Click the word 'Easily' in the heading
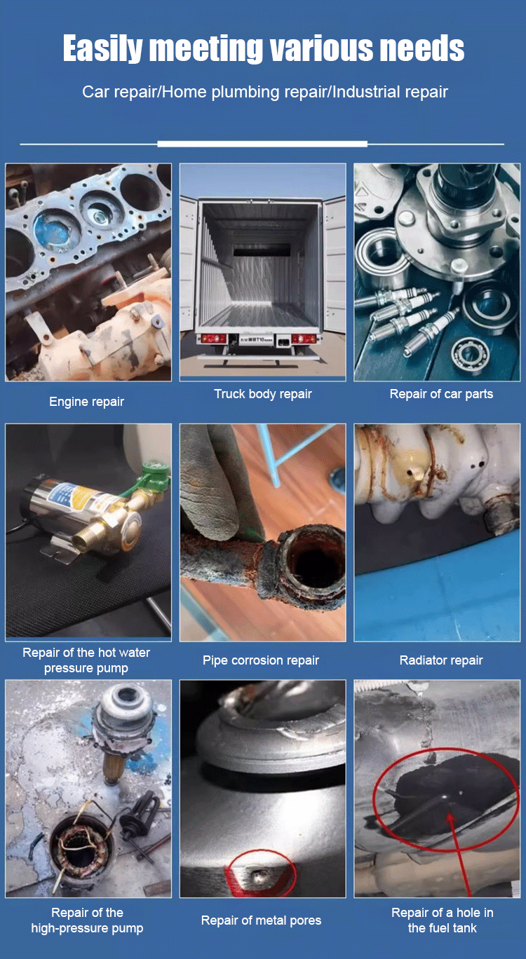tap(102, 48)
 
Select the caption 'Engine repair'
tap(86, 402)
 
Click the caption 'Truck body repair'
tap(263, 394)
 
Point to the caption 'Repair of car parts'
tap(441, 394)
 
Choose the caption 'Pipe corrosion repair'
tap(261, 660)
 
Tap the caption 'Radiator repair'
tap(441, 660)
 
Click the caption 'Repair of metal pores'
tap(262, 920)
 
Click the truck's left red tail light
tap(210, 339)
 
